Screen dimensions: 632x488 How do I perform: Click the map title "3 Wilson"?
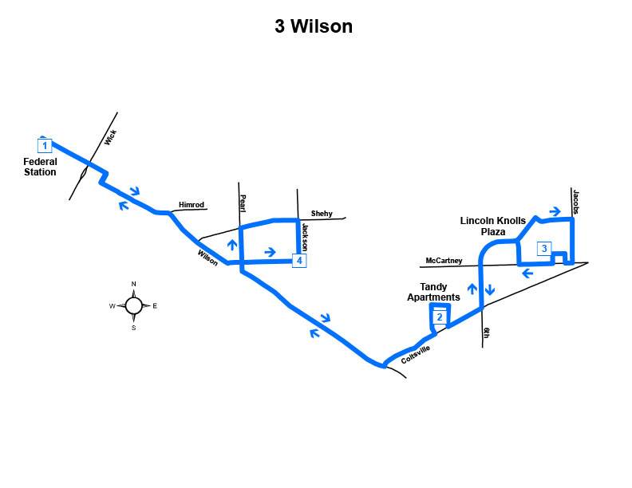pos(314,26)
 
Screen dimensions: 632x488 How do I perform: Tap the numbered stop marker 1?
pos(45,145)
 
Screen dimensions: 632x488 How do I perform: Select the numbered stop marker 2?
pos(440,317)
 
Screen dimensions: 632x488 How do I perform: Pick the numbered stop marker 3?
pos(544,249)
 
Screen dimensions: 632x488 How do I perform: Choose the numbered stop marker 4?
pos(299,261)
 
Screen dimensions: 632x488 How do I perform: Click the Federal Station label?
pos(40,167)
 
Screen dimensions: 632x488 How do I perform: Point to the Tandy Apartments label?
pos(433,292)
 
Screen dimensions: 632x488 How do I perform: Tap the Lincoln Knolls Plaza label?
pos(493,226)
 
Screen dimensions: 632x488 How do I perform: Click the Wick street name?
pos(110,137)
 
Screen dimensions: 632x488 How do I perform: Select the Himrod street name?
pos(192,205)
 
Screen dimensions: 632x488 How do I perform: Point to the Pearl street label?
pos(243,203)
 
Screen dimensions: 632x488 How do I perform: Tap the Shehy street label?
pos(322,214)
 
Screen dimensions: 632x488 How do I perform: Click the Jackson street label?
pos(305,237)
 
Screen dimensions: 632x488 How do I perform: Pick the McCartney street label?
pos(444,261)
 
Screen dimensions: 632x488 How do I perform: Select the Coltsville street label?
pos(416,354)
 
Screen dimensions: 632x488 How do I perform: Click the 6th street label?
pos(487,333)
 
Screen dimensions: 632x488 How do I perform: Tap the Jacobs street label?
pos(576,202)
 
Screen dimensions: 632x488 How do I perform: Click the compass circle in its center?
pos(133,305)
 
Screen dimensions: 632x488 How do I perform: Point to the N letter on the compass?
pos(134,284)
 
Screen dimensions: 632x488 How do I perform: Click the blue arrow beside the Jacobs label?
pos(555,211)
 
